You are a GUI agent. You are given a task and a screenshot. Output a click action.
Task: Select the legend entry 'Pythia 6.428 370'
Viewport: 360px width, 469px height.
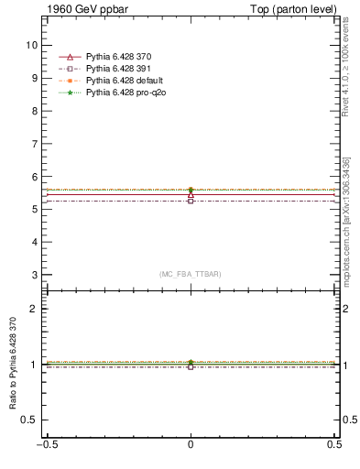(117, 58)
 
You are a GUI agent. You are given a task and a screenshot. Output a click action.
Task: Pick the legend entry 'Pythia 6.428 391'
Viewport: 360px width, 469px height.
(117, 70)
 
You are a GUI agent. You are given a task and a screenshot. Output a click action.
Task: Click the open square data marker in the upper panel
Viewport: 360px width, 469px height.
(191, 201)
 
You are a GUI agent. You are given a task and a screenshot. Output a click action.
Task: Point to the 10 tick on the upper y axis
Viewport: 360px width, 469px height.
(34, 44)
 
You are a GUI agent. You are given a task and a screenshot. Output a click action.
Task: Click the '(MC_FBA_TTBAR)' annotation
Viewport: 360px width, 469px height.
(191, 275)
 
